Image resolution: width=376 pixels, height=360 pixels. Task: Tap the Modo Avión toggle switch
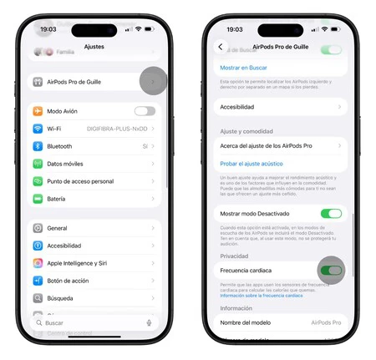(x=145, y=111)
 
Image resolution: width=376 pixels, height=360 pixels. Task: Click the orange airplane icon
(x=38, y=111)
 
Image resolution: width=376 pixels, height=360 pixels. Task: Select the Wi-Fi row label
(x=54, y=129)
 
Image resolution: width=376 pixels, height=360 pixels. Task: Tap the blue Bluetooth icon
(x=38, y=146)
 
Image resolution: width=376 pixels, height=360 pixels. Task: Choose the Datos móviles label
(x=66, y=164)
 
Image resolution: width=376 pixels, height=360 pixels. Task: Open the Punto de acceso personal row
(x=80, y=181)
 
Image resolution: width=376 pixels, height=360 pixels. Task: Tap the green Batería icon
(x=38, y=199)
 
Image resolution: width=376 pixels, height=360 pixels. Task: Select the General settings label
(x=58, y=228)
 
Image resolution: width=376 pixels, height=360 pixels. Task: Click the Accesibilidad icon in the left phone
(x=38, y=246)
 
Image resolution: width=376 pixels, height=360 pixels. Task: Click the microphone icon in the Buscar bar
(x=149, y=322)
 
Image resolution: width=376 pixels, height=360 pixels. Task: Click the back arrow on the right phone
(x=221, y=48)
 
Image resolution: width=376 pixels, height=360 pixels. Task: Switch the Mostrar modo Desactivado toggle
(x=331, y=214)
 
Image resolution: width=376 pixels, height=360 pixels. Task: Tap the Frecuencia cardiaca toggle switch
(x=331, y=271)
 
